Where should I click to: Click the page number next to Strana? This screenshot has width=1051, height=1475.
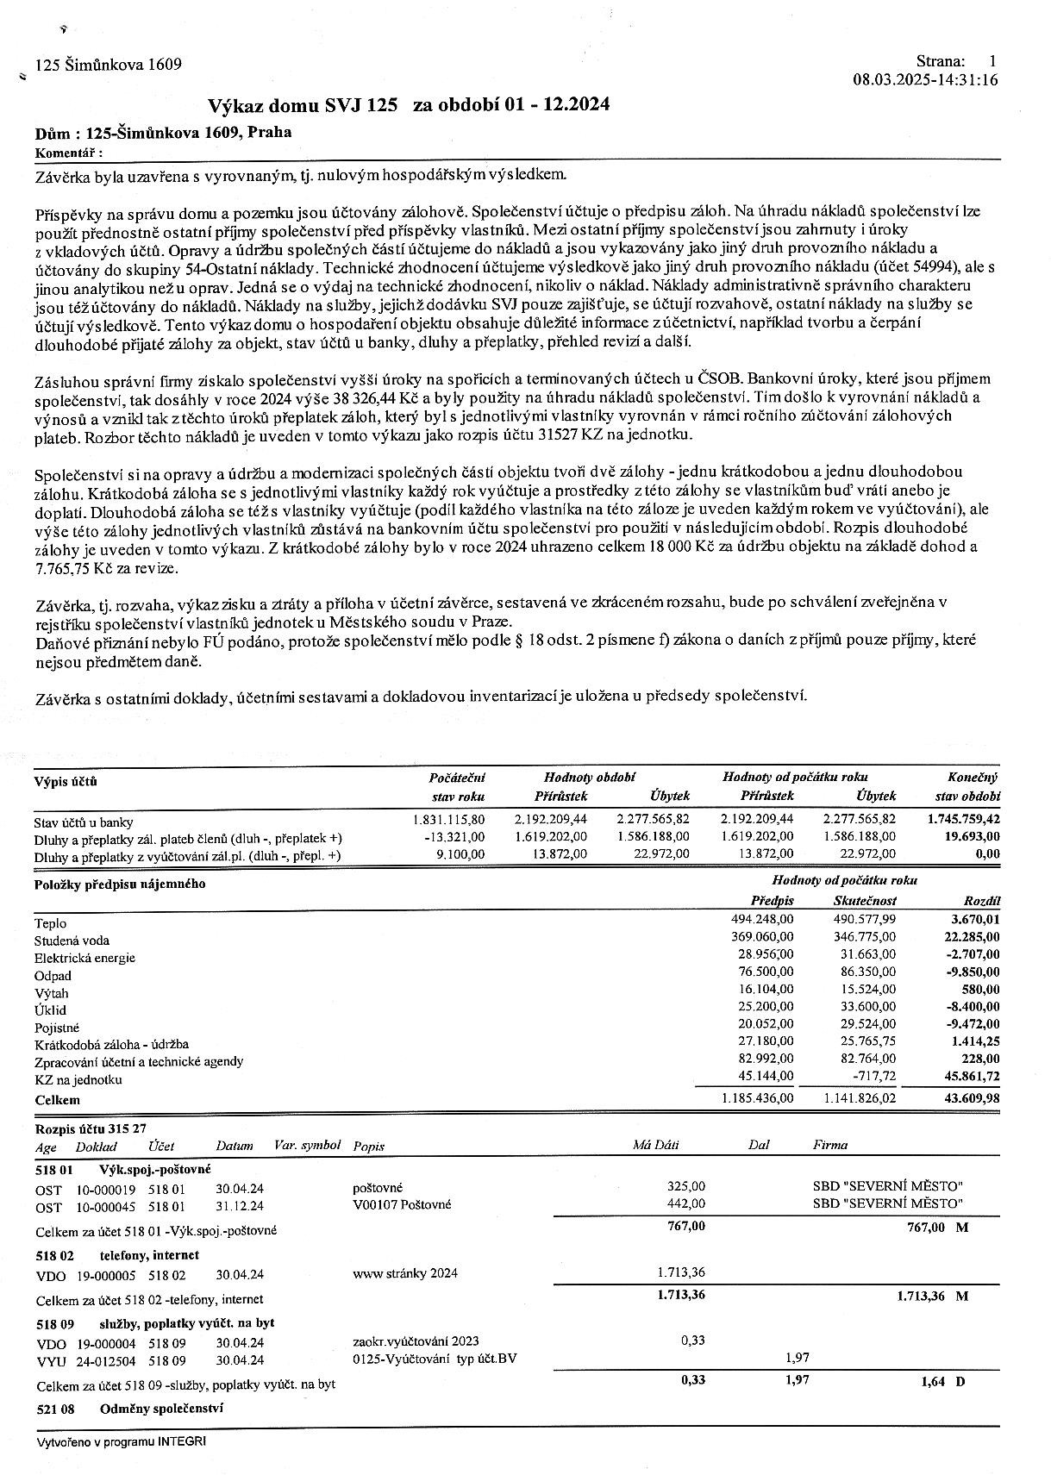pyautogui.click(x=992, y=61)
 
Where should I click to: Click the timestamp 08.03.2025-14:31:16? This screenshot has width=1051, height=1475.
pyautogui.click(x=925, y=80)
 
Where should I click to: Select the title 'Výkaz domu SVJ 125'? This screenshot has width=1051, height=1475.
pyautogui.click(x=303, y=105)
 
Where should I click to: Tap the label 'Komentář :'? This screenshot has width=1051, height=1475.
pyautogui.click(x=68, y=153)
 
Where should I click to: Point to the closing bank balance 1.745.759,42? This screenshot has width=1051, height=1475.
pyautogui.click(x=963, y=819)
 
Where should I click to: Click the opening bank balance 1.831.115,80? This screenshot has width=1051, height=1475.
pyautogui.click(x=449, y=819)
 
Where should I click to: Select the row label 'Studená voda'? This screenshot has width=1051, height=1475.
pyautogui.click(x=72, y=941)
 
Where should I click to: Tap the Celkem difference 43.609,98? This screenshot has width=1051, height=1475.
pyautogui.click(x=968, y=1097)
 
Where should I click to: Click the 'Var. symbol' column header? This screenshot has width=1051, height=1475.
pyautogui.click(x=307, y=1145)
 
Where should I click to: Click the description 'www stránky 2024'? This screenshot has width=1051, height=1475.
pyautogui.click(x=405, y=1273)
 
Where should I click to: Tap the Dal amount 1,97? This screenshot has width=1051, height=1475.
pyautogui.click(x=798, y=1358)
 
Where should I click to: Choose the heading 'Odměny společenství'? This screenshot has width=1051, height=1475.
pyautogui.click(x=161, y=1408)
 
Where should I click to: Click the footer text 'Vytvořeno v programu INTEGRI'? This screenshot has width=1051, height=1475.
pyautogui.click(x=121, y=1441)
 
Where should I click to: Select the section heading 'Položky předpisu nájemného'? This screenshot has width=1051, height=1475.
pyautogui.click(x=120, y=884)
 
